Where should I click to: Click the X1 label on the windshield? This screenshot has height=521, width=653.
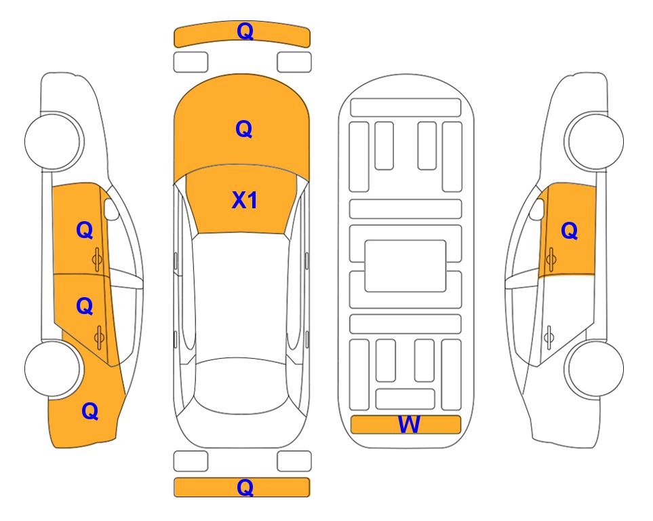coord(245,200)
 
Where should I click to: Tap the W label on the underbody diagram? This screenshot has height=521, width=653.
coord(409,425)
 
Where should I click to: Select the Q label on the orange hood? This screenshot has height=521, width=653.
coord(244,129)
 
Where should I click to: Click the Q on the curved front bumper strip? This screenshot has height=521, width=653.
coord(245,31)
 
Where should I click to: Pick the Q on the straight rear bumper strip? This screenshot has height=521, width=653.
coord(245,487)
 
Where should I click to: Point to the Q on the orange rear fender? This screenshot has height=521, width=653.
coord(90,411)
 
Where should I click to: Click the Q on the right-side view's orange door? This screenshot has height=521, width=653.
coord(570,231)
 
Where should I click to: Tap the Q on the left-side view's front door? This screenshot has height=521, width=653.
coord(85,230)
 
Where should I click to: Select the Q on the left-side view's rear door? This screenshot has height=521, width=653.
coord(85,306)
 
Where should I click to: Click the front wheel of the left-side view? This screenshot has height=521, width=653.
coord(53,141)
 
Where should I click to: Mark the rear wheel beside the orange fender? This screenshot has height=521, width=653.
coord(53,368)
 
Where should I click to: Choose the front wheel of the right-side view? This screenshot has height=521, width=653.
coord(595,141)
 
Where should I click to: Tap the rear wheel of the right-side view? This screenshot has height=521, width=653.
coord(595,368)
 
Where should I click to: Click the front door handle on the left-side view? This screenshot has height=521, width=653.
coord(97,260)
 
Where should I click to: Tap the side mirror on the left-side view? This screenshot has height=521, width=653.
coord(111,209)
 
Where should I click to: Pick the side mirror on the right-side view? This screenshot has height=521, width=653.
coord(537,209)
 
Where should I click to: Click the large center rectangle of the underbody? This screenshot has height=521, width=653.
coord(405,266)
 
